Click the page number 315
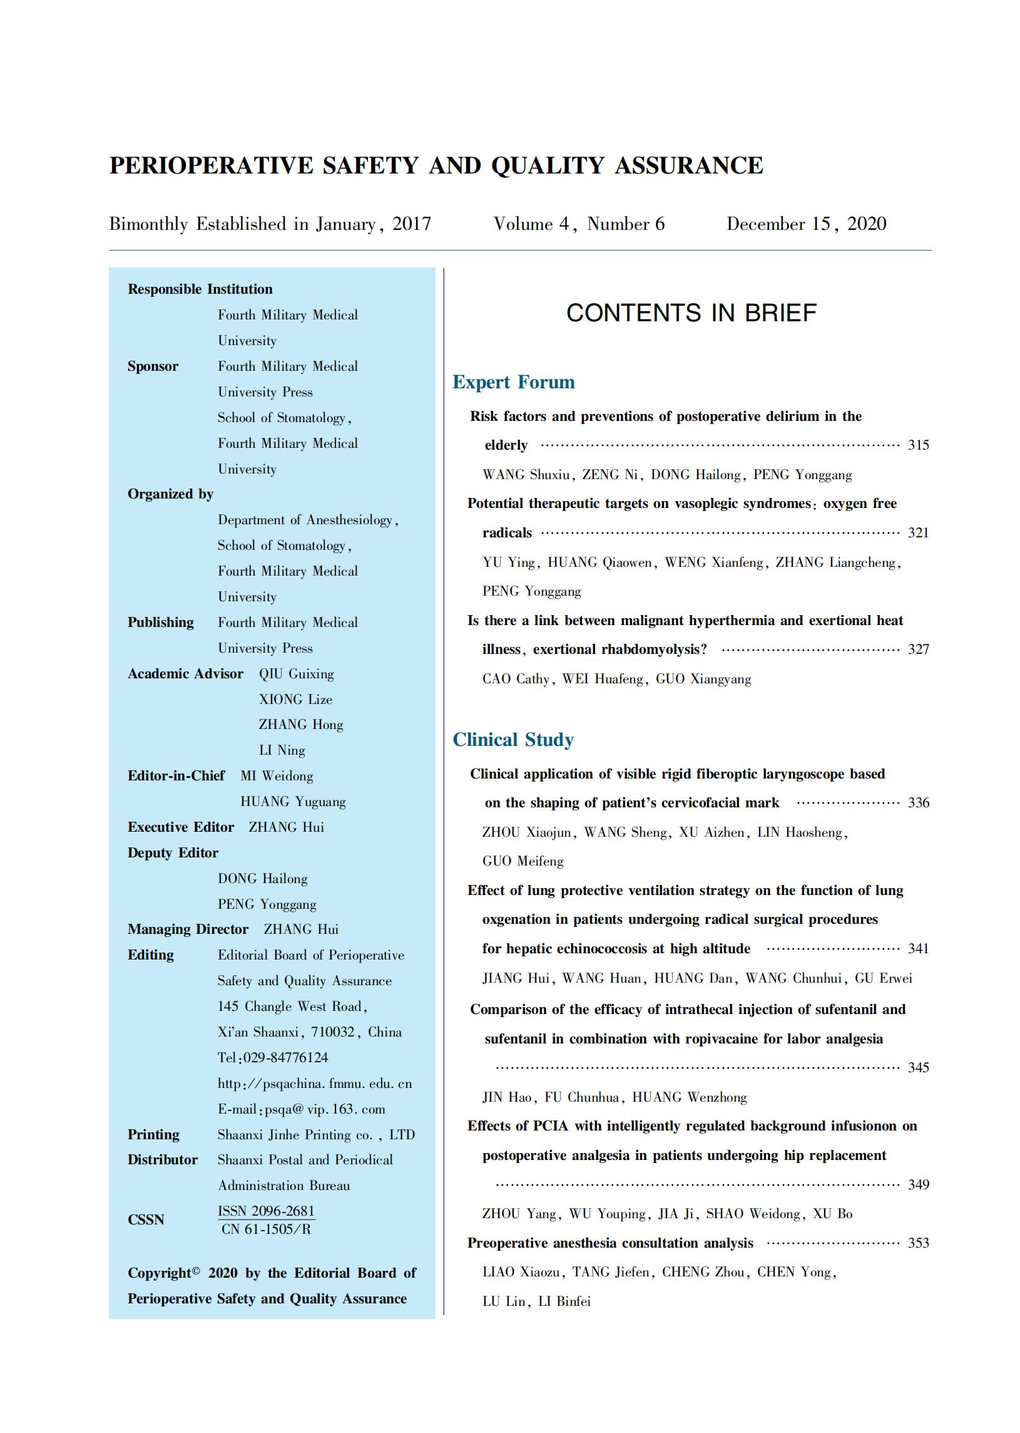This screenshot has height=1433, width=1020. (917, 445)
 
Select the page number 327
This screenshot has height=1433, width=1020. (917, 649)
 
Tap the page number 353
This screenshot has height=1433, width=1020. (917, 1243)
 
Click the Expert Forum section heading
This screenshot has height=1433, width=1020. (513, 382)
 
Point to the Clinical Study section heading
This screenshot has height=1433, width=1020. (513, 740)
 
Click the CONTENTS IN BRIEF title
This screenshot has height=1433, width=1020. (691, 313)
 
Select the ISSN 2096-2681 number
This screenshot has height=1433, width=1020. (266, 1211)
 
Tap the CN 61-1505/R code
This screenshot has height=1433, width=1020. (266, 1229)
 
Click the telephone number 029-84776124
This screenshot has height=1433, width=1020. (286, 1058)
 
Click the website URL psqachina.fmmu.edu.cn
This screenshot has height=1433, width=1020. (315, 1084)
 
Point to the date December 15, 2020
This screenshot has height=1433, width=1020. (806, 224)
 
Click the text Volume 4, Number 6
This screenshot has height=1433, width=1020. (578, 224)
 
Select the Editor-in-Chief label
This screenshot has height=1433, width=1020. (176, 775)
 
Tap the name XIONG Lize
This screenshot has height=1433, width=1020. (295, 699)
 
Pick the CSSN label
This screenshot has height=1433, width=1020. (146, 1220)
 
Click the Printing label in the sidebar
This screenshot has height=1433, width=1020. (153, 1134)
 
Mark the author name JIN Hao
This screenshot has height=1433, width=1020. (507, 1097)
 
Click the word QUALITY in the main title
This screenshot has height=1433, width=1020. (548, 165)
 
